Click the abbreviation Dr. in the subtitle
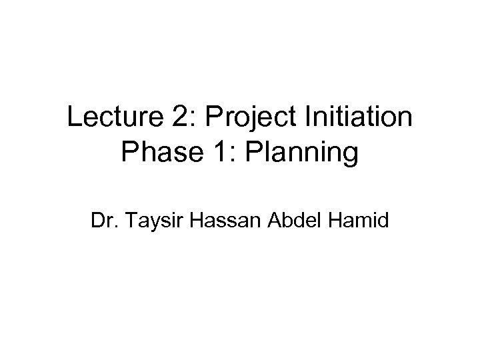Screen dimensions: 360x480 (x=105, y=220)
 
